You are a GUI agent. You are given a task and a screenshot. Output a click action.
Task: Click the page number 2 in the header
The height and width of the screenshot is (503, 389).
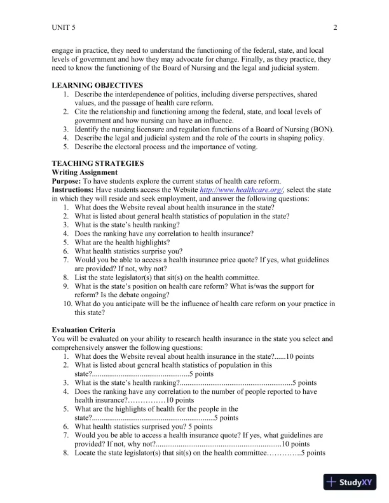[x=335, y=27]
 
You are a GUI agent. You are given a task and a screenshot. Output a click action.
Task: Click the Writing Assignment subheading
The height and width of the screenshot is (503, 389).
[x=84, y=172]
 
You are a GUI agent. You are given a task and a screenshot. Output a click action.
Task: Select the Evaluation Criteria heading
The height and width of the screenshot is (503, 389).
[x=83, y=330]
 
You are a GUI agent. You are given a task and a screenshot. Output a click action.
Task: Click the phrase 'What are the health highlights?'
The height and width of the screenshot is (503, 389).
[x=123, y=243]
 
